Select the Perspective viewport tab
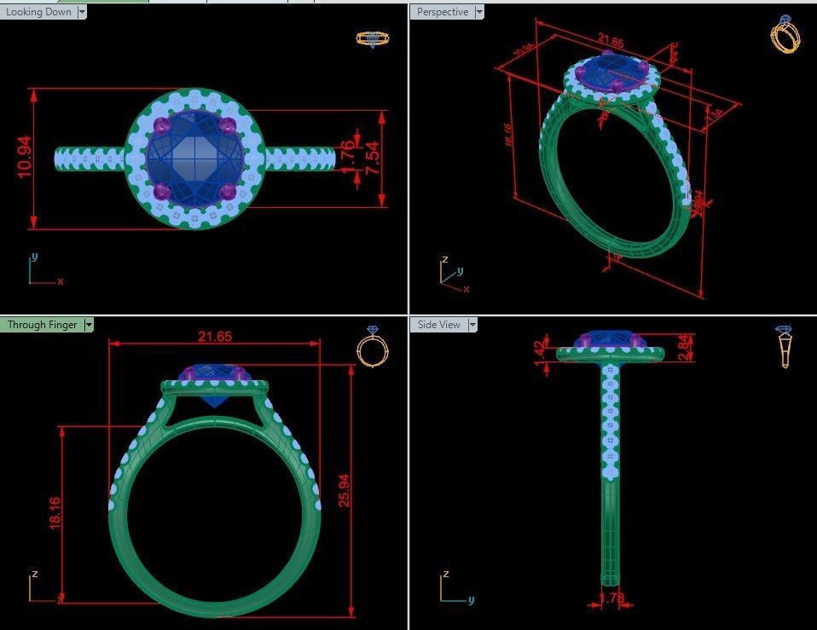click(x=443, y=12)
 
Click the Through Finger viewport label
click(x=42, y=325)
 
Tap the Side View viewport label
click(x=438, y=325)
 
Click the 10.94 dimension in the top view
click(x=24, y=158)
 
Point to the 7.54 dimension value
click(x=373, y=159)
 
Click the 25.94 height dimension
click(x=344, y=490)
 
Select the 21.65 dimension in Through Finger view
click(x=215, y=337)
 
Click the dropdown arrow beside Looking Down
click(x=82, y=12)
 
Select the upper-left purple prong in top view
click(x=160, y=127)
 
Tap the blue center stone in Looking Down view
click(x=194, y=159)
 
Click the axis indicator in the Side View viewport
click(x=452, y=589)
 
